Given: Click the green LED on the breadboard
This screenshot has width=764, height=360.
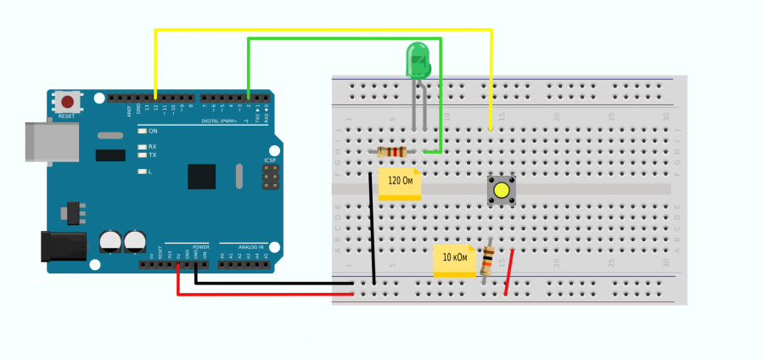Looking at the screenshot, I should pyautogui.click(x=419, y=62).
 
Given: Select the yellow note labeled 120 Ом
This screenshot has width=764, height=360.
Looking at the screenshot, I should pyautogui.click(x=400, y=184).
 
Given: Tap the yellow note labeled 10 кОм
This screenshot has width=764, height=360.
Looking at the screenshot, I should pyautogui.click(x=454, y=261).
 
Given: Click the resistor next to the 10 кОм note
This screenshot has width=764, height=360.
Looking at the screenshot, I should pyautogui.click(x=487, y=261).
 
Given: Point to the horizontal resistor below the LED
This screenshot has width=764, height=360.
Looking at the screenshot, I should pyautogui.click(x=391, y=152).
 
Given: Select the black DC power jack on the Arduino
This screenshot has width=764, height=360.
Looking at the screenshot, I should pyautogui.click(x=65, y=245).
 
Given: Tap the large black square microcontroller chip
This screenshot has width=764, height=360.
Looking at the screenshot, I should pyautogui.click(x=202, y=176).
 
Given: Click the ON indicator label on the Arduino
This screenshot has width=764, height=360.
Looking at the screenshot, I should pyautogui.click(x=153, y=131).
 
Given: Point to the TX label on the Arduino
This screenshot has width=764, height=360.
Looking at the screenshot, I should pyautogui.click(x=153, y=155).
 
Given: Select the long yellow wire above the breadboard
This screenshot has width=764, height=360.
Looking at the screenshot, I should pyautogui.click(x=323, y=31).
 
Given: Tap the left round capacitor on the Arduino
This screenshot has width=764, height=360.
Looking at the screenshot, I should pyautogui.click(x=110, y=241).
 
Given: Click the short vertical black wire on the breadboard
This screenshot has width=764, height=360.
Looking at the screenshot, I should pyautogui.click(x=372, y=229).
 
